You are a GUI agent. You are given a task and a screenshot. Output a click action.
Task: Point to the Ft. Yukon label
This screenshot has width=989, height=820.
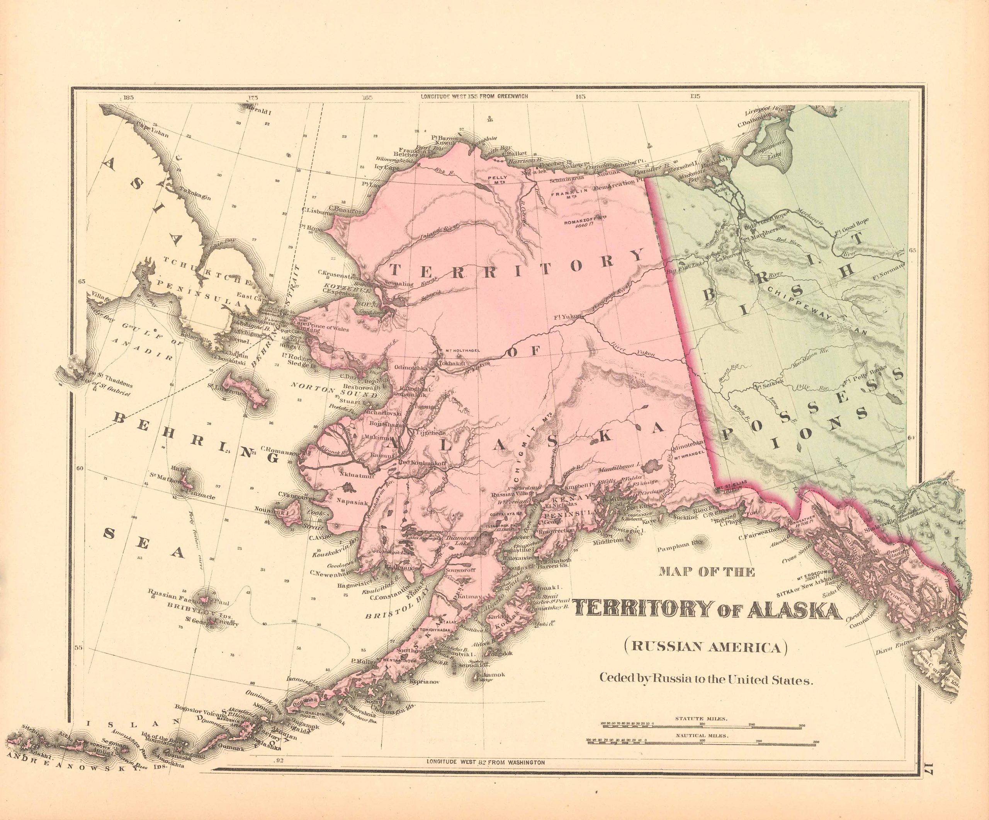point(568,316)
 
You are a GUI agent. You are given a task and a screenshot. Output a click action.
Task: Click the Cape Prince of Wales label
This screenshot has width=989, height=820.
point(322,329)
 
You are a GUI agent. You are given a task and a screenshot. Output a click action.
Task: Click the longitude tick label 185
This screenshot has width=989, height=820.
point(127,98)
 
